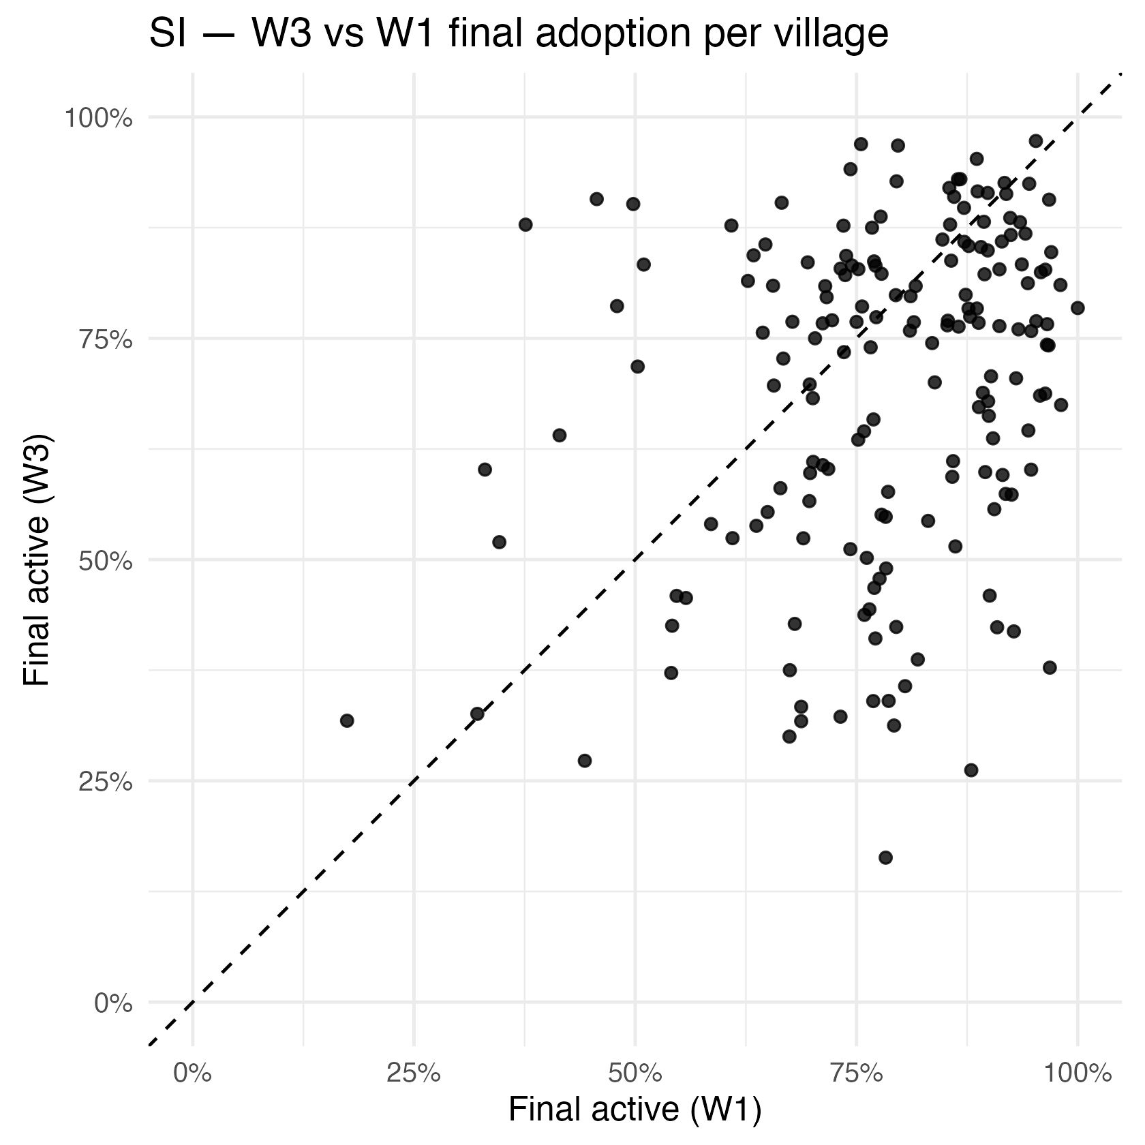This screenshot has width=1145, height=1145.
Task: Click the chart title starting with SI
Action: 518,34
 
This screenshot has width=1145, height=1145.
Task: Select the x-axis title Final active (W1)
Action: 635,1109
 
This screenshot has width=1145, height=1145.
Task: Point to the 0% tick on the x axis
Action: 193,1073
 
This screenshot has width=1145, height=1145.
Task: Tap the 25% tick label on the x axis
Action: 414,1073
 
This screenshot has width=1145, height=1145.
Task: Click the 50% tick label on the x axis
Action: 635,1073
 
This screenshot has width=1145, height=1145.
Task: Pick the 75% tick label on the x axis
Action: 856,1073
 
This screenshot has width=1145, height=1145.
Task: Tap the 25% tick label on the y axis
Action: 105,782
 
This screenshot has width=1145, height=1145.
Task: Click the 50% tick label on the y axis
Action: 105,561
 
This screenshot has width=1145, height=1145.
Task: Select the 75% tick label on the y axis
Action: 105,339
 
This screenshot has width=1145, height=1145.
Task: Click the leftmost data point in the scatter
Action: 347,720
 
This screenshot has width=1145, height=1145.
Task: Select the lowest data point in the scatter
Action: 885,857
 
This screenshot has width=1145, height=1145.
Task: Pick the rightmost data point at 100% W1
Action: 1078,308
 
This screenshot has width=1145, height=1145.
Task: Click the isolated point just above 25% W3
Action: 971,770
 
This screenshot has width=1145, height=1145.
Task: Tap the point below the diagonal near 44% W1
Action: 584,761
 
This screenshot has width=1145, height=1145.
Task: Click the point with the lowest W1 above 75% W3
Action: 525,224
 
